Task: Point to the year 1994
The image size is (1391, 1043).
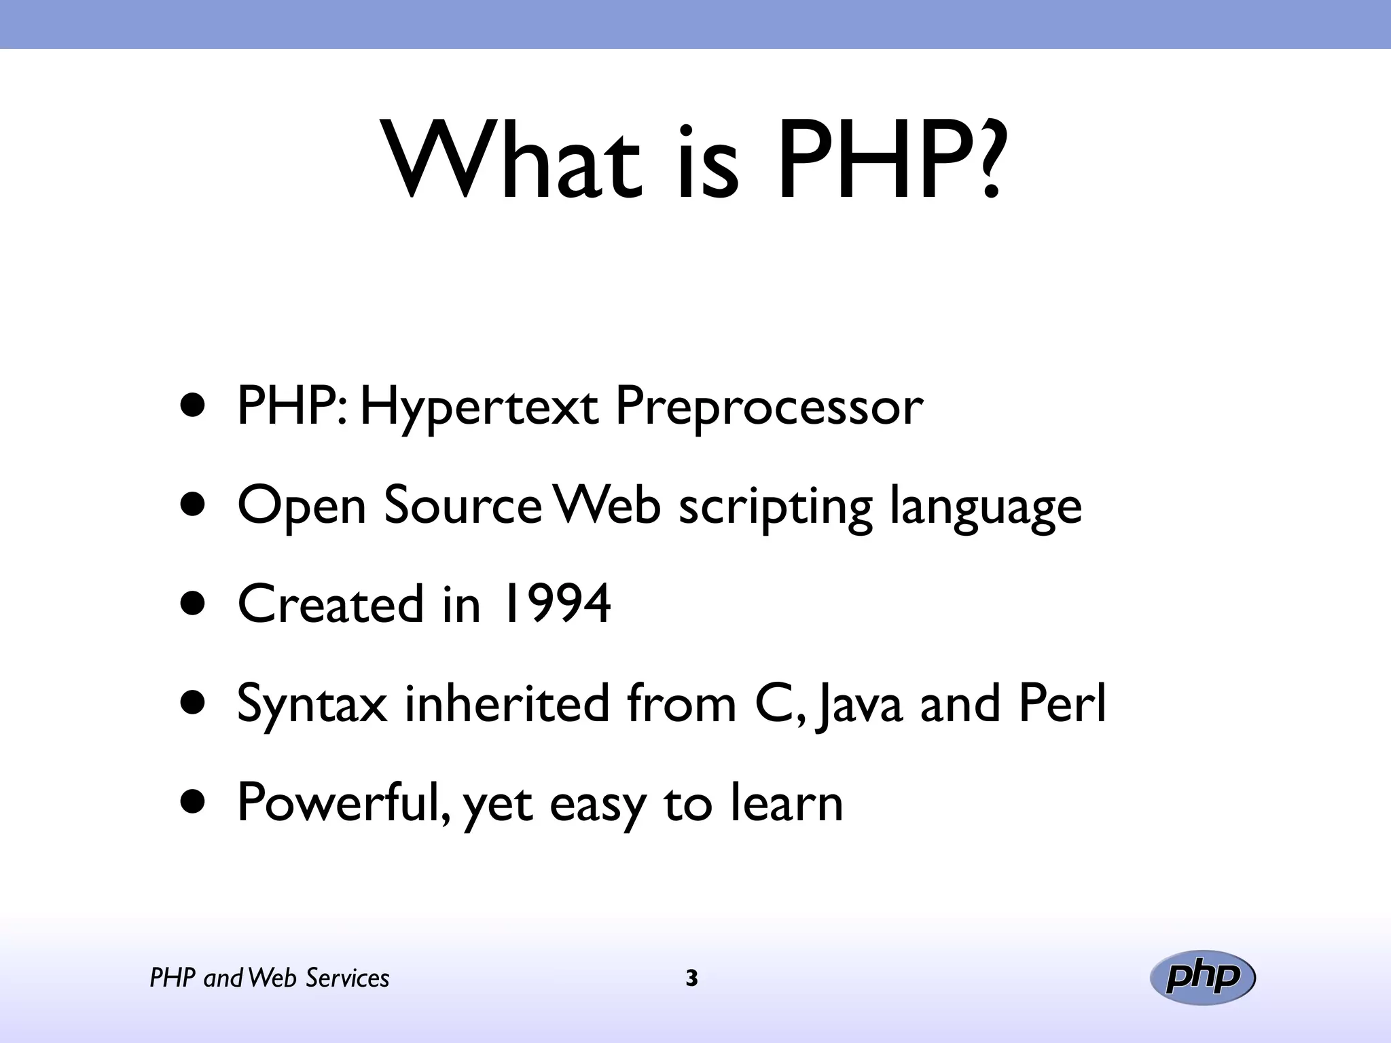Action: coord(555,604)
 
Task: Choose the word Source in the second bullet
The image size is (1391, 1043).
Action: coord(462,506)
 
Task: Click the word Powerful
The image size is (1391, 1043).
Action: coord(342,803)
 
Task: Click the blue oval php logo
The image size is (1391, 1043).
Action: coord(1202,978)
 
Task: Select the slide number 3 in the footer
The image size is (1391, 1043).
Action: coord(691,978)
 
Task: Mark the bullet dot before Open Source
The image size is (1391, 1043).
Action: coord(193,506)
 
